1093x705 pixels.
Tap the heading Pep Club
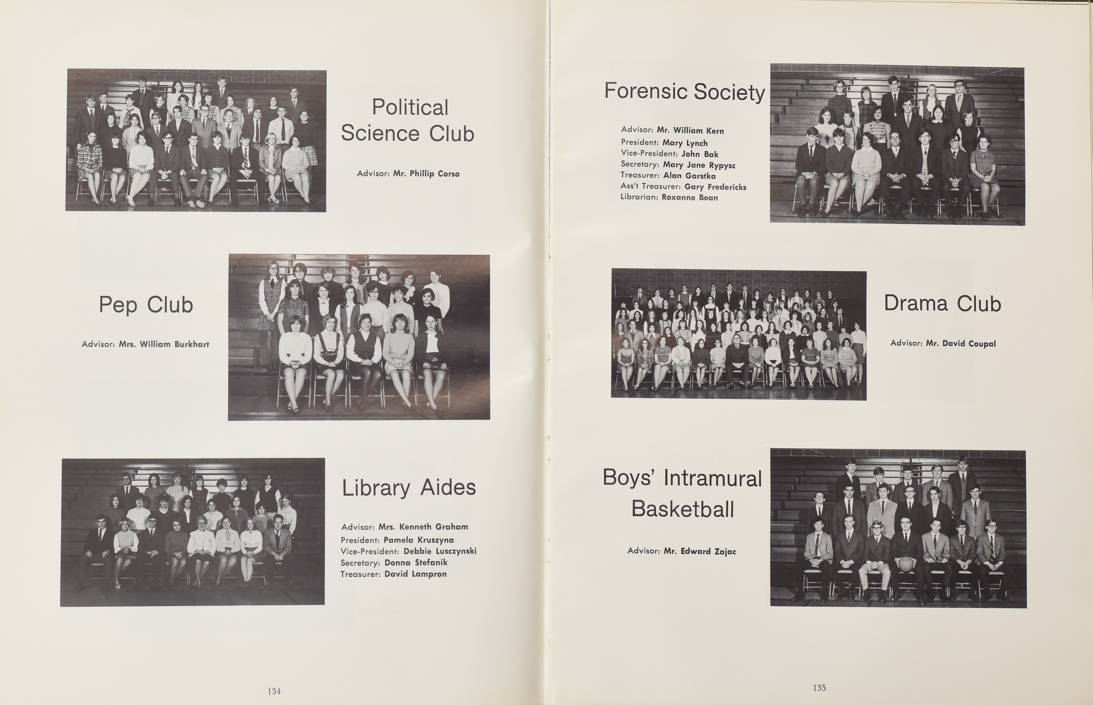coord(146,305)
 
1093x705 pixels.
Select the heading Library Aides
coord(409,488)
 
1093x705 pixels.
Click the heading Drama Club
coord(943,303)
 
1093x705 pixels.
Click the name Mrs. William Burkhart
coord(164,344)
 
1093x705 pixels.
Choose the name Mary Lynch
coord(685,143)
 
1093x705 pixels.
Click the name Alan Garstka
coord(690,176)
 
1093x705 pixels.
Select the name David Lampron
coord(415,574)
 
